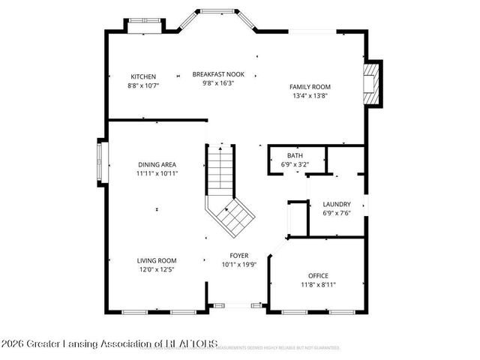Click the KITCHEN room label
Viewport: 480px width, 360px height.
click(143, 76)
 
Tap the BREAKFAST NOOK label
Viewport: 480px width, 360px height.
click(218, 74)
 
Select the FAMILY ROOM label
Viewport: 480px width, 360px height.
click(310, 87)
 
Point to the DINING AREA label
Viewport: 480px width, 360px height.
click(157, 164)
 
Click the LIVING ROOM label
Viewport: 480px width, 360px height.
click(156, 260)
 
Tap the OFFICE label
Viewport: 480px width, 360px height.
click(318, 276)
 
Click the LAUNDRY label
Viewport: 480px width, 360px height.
click(336, 205)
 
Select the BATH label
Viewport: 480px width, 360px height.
click(295, 155)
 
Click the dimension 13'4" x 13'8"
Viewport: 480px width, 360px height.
click(310, 96)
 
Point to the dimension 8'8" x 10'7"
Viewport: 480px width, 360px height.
click(143, 85)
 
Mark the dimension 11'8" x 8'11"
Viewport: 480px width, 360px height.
click(318, 285)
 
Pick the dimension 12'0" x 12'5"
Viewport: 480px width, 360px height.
click(156, 269)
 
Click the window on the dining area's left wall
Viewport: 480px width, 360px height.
click(100, 163)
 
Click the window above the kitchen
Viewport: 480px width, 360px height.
click(142, 27)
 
